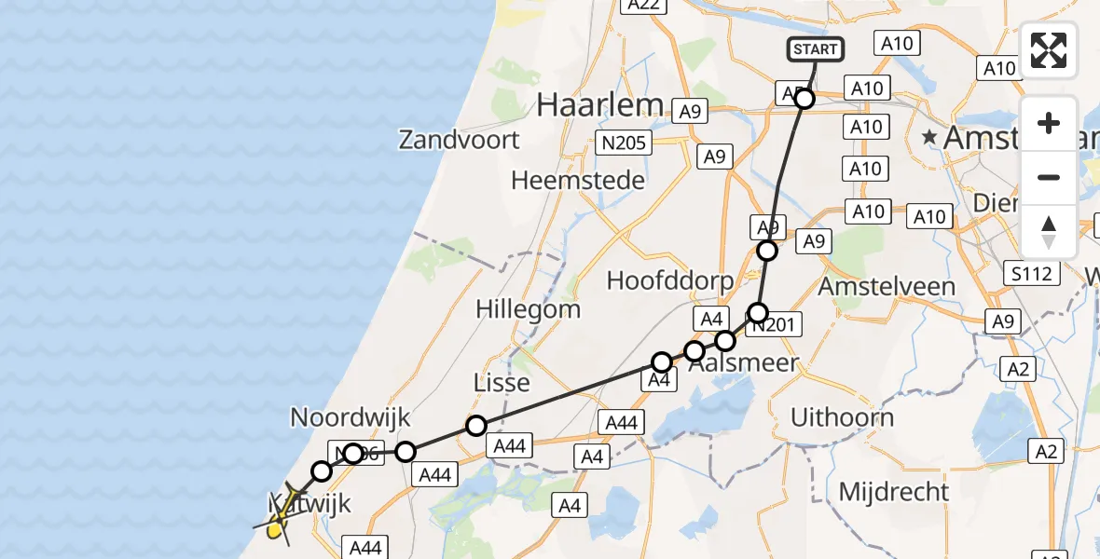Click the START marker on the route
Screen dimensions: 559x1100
tap(817, 49)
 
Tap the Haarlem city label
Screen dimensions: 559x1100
tap(599, 105)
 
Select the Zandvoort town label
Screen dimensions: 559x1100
tap(459, 141)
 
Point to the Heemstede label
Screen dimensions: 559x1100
tap(578, 179)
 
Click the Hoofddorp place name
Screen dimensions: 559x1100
tap(669, 279)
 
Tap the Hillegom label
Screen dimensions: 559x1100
tap(528, 308)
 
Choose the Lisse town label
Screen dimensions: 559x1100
tap(502, 383)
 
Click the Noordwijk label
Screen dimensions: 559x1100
tap(351, 416)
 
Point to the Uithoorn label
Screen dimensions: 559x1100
tap(842, 417)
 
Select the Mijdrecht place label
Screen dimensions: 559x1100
tap(893, 491)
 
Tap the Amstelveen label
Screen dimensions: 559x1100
tap(887, 286)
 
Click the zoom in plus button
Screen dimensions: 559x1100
tap(1049, 123)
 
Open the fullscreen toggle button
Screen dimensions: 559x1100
tap(1049, 50)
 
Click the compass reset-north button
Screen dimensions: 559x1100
tap(1049, 231)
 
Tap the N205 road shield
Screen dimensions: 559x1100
tap(624, 143)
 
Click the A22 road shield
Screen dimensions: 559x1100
tap(643, 6)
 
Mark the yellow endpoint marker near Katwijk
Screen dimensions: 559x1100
tap(274, 531)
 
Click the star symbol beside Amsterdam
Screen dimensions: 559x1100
tap(929, 138)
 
